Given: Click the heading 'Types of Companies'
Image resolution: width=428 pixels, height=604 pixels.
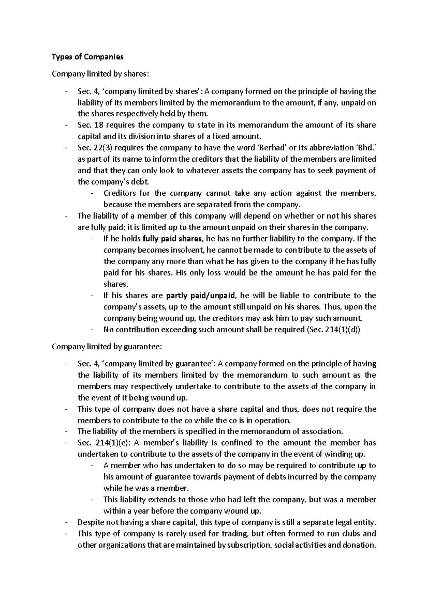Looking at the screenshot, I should click(x=87, y=57).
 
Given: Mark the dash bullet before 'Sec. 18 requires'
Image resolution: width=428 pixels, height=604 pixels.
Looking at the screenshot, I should click(x=66, y=125).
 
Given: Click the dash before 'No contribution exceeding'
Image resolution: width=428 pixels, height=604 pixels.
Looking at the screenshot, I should click(x=92, y=330).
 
